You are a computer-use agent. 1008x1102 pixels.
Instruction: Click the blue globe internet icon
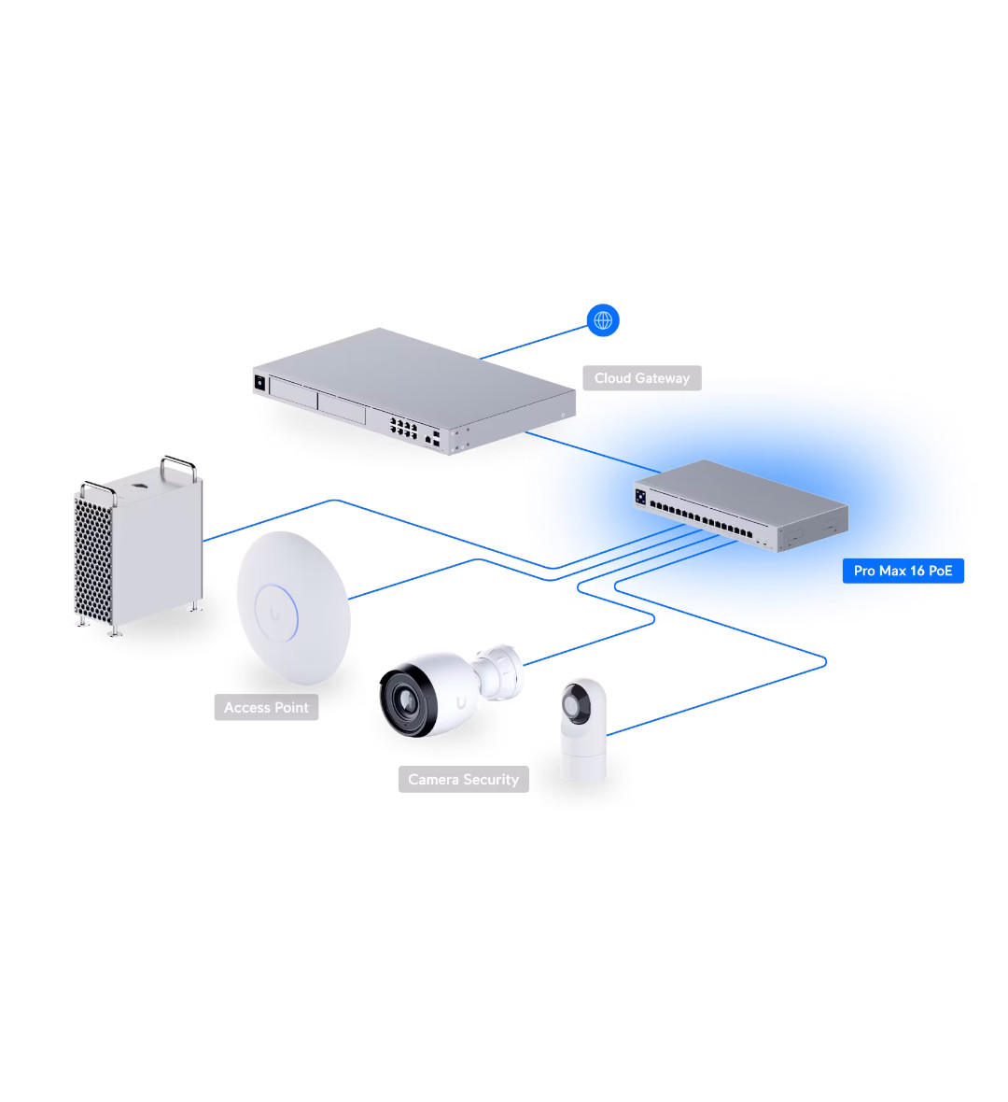pyautogui.click(x=604, y=320)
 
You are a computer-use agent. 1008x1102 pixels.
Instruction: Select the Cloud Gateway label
pyautogui.click(x=642, y=378)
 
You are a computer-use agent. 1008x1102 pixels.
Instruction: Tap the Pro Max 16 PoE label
pyautogui.click(x=903, y=571)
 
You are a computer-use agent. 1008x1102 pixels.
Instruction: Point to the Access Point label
pyautogui.click(x=266, y=708)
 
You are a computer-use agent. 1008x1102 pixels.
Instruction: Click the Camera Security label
pyautogui.click(x=463, y=780)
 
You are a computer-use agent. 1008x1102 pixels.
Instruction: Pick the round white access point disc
pyautogui.click(x=293, y=608)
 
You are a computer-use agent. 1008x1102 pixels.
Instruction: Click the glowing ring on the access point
pyautogui.click(x=276, y=614)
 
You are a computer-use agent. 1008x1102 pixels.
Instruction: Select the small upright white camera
pyautogui.click(x=583, y=731)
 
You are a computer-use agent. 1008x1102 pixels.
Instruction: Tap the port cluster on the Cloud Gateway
pyautogui.click(x=404, y=429)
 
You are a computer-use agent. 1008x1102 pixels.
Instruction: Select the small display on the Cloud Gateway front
pyautogui.click(x=259, y=381)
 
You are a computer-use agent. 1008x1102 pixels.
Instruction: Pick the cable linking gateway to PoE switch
pyautogui.click(x=593, y=452)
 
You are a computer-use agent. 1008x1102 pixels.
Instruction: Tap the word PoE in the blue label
pyautogui.click(x=940, y=571)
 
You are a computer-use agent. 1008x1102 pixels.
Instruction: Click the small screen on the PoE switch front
pyautogui.click(x=640, y=497)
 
